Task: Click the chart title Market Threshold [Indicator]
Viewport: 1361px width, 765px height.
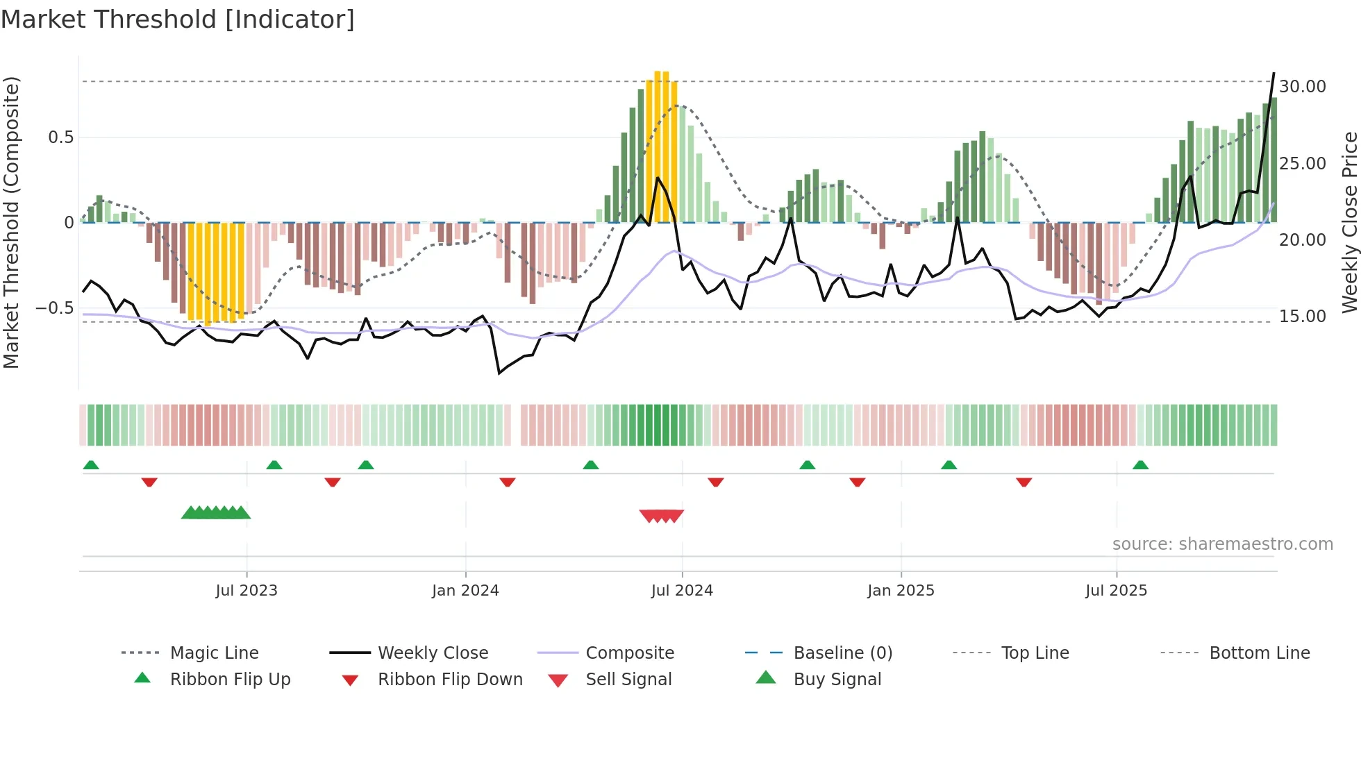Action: tap(178, 19)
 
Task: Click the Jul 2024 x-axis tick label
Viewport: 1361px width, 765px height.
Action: tap(682, 591)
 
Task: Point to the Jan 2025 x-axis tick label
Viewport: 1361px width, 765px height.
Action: tap(901, 591)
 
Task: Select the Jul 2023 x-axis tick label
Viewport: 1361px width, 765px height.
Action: tap(247, 591)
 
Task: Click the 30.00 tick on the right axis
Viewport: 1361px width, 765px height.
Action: tap(1302, 87)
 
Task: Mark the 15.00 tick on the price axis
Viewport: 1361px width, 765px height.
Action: tap(1302, 317)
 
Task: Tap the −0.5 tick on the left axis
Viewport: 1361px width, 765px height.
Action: tap(54, 308)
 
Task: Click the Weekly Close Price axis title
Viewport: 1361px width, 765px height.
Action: tap(1349, 222)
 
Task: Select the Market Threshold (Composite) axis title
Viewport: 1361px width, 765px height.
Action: tap(11, 222)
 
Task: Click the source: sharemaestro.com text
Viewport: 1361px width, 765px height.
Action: tap(1222, 544)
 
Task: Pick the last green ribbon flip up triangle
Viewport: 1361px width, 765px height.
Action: tap(1140, 465)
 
